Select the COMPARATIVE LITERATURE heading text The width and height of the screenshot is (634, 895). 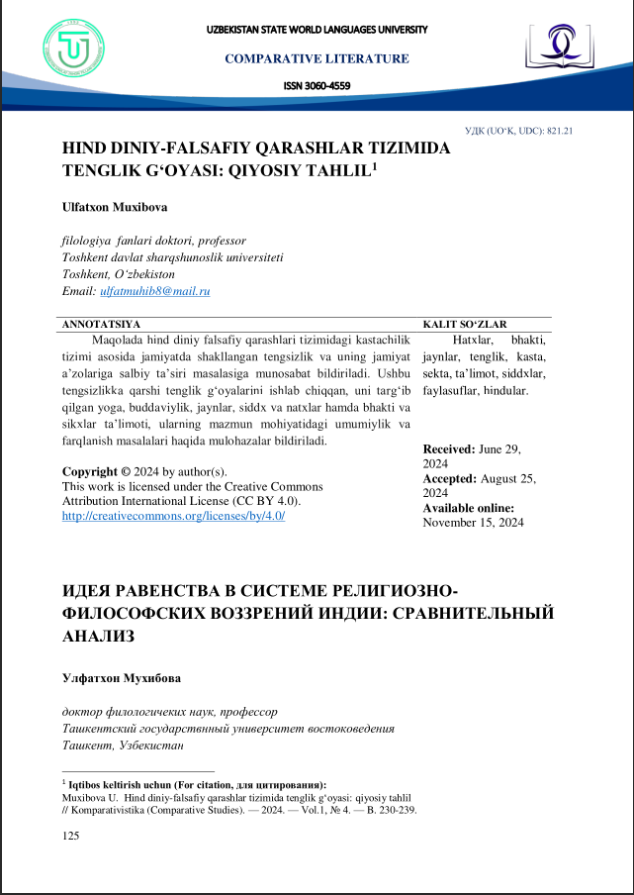pos(317,58)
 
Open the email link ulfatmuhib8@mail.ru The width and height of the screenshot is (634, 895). pos(155,291)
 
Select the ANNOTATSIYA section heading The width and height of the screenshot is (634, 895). pos(102,324)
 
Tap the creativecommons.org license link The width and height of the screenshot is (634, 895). pos(173,517)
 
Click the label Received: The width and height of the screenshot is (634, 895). pos(449,448)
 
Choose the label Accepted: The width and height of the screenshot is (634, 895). pos(450,478)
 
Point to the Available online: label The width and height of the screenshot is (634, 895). pos(469,508)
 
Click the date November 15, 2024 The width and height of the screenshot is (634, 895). pos(473,523)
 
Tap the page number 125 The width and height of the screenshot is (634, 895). pos(70,837)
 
